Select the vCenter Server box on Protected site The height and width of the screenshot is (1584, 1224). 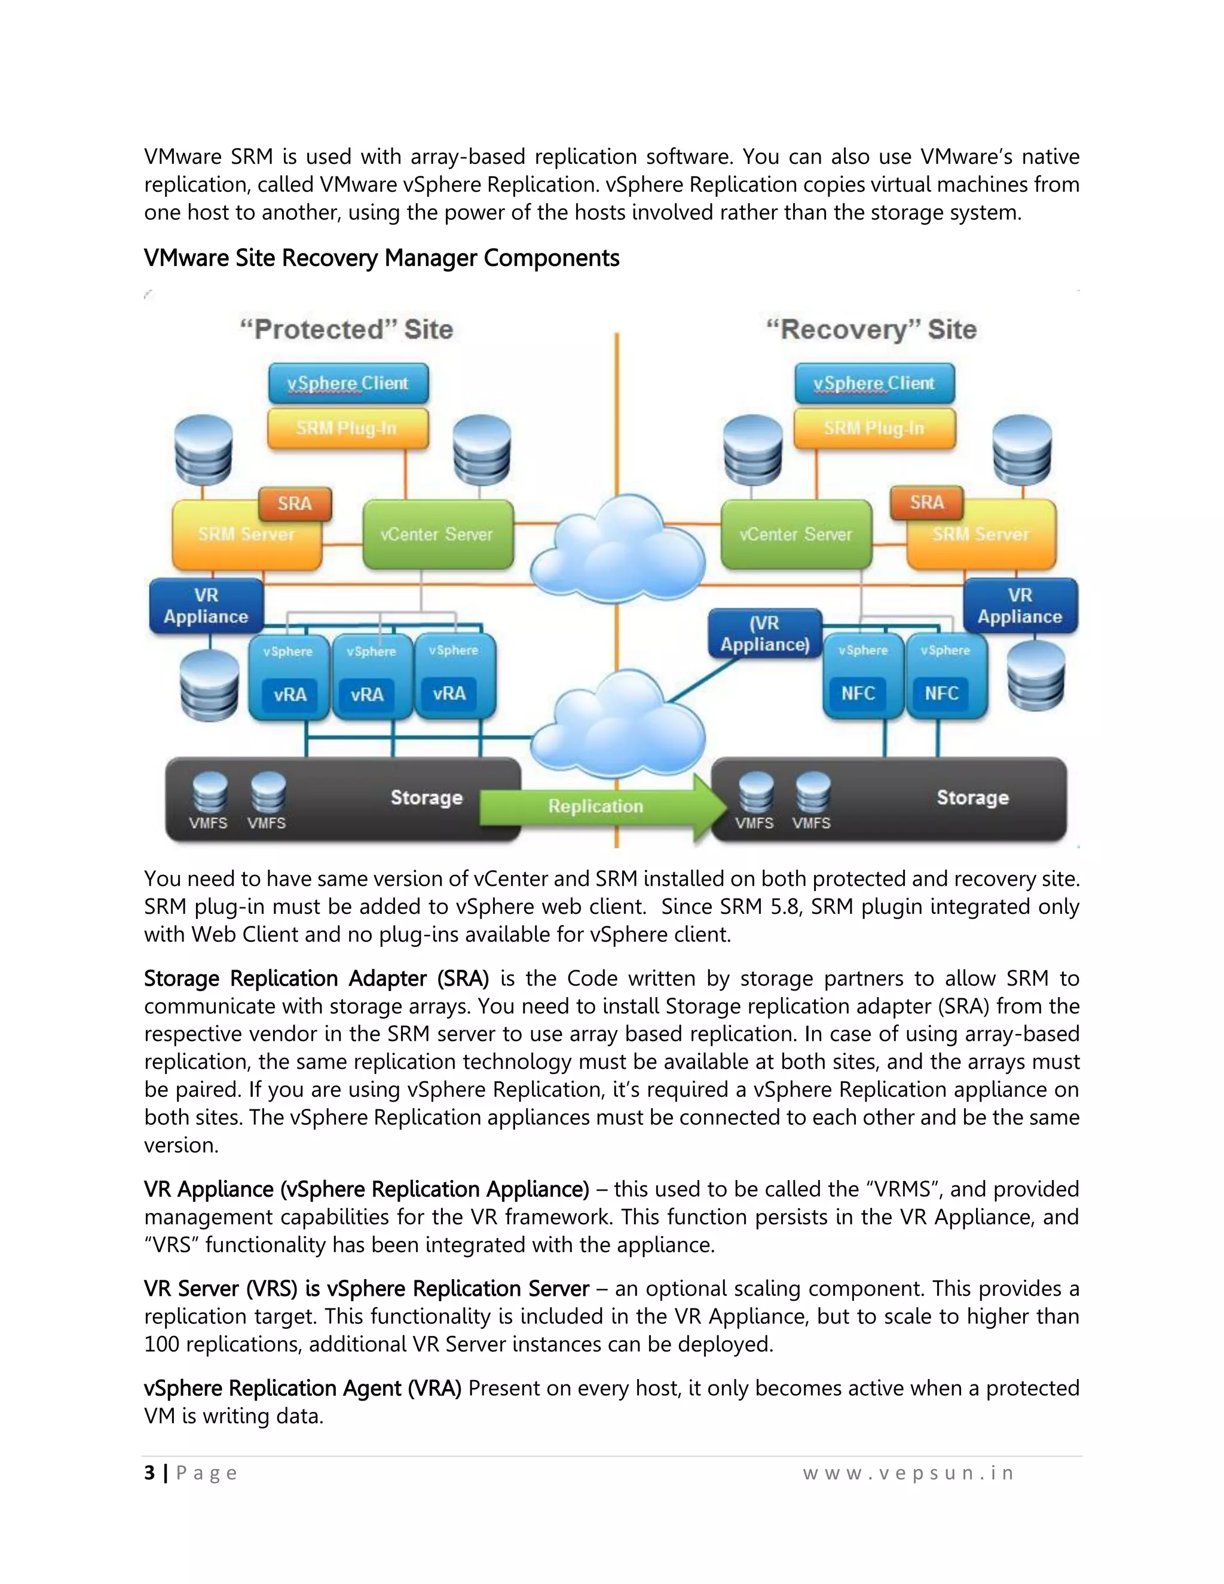click(x=437, y=535)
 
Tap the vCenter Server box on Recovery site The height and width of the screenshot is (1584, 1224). click(x=795, y=535)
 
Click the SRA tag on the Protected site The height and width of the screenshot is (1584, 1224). click(x=295, y=503)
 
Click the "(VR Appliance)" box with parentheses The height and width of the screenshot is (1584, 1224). click(x=765, y=634)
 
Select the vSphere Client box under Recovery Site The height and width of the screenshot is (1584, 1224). click(x=874, y=383)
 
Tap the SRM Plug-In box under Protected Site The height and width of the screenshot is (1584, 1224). click(x=347, y=428)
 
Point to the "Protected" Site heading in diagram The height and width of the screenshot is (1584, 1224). click(x=347, y=329)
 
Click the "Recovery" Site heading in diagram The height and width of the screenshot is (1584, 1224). click(x=871, y=329)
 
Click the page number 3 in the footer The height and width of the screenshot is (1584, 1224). click(x=149, y=1473)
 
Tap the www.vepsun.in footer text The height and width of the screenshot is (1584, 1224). click(x=908, y=1473)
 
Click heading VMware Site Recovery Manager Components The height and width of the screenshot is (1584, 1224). click(x=381, y=258)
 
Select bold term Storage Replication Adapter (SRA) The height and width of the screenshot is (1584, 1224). click(x=316, y=978)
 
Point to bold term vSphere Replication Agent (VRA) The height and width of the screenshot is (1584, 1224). click(x=302, y=1388)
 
